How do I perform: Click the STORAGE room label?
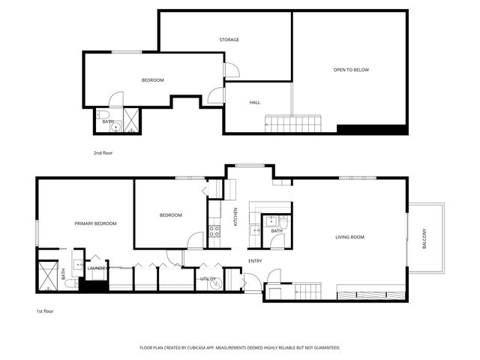(x=229, y=40)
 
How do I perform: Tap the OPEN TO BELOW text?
(x=351, y=70)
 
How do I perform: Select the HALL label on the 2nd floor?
(x=255, y=102)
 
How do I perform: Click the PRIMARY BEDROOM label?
(x=95, y=223)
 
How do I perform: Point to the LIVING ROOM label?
(x=349, y=238)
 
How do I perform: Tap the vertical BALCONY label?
(x=424, y=238)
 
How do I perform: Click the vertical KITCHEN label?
(x=235, y=217)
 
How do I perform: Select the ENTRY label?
(x=255, y=261)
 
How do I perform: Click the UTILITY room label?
(x=208, y=279)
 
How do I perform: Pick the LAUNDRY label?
(x=97, y=268)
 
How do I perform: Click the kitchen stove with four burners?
(x=214, y=230)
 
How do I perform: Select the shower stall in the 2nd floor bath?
(x=130, y=121)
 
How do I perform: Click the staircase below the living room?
(x=307, y=289)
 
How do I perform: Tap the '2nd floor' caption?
(x=102, y=152)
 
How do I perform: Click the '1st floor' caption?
(x=45, y=310)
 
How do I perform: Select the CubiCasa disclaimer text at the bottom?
(x=240, y=348)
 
